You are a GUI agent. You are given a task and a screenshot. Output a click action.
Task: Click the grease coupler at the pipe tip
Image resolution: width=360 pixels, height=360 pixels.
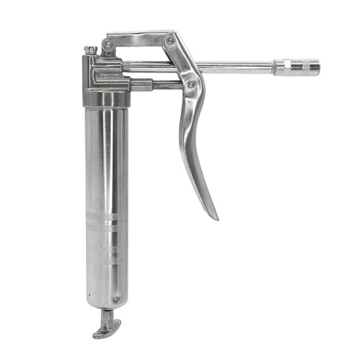pyautogui.click(x=301, y=67)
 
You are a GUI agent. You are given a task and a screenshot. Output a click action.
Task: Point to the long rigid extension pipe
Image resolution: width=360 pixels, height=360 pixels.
pyautogui.click(x=235, y=67)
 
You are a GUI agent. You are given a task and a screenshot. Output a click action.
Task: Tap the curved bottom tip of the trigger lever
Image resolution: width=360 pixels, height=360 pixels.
pyautogui.click(x=212, y=213)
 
